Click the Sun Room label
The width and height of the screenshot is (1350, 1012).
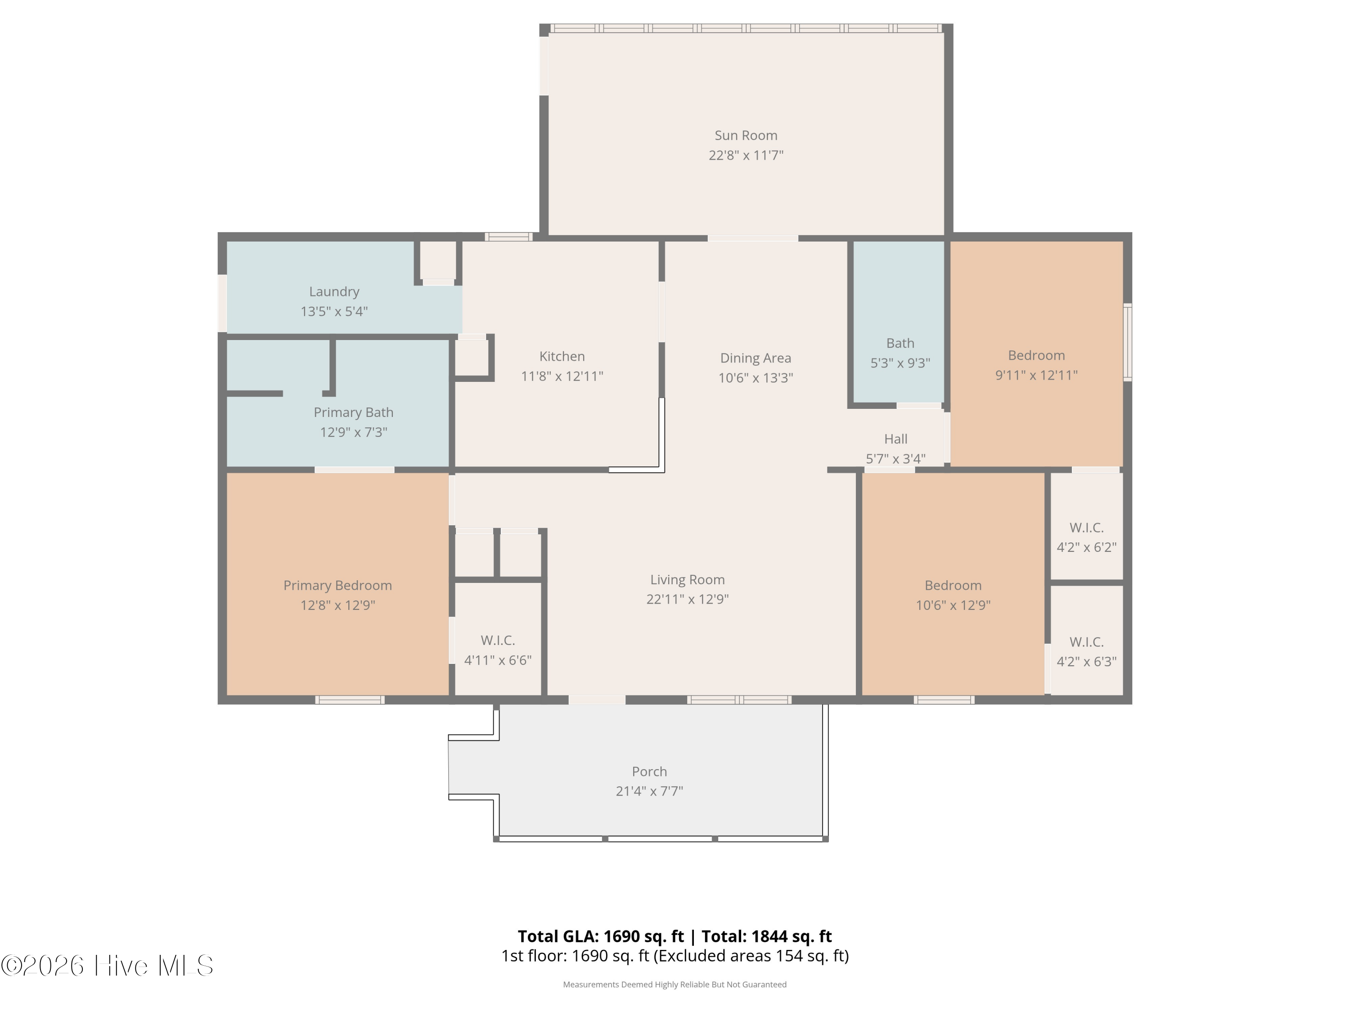[x=746, y=135]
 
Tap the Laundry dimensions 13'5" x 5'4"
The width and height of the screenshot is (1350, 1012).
[x=334, y=312]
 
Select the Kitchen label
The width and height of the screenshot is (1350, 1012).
[x=562, y=356]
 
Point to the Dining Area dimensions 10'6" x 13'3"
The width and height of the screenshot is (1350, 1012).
[x=755, y=378]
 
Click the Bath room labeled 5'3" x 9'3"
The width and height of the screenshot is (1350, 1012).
[x=900, y=353]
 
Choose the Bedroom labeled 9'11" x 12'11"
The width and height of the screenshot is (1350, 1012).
[x=1036, y=365]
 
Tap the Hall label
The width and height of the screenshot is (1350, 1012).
[x=895, y=439]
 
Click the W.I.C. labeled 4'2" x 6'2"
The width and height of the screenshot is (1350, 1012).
[x=1086, y=537]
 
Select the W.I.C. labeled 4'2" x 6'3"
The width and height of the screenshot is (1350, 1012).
[x=1086, y=651]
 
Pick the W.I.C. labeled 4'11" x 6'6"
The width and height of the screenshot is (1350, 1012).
[x=497, y=649]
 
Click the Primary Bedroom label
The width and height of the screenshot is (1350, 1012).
[x=337, y=586]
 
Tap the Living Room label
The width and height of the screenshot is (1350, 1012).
[x=687, y=579]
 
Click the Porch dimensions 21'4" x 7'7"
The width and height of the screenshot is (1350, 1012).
[x=649, y=791]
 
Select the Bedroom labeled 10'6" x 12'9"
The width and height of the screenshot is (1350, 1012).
[x=953, y=595]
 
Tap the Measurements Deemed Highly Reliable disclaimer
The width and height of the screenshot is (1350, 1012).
[x=675, y=985]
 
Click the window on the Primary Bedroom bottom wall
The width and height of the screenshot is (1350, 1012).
[x=350, y=700]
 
